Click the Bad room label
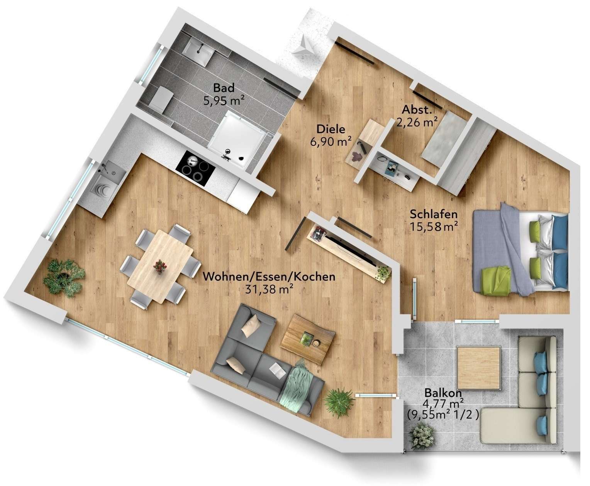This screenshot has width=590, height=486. [224, 88]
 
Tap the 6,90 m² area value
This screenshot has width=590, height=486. [331, 142]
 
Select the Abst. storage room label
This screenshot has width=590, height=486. [416, 110]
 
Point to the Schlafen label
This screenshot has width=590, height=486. [434, 214]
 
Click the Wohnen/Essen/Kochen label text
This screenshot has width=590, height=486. [269, 277]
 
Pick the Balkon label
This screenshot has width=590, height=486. [443, 393]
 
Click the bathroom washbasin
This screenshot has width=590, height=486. [197, 50]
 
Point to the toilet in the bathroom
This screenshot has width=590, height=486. [161, 98]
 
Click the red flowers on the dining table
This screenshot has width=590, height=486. [159, 266]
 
